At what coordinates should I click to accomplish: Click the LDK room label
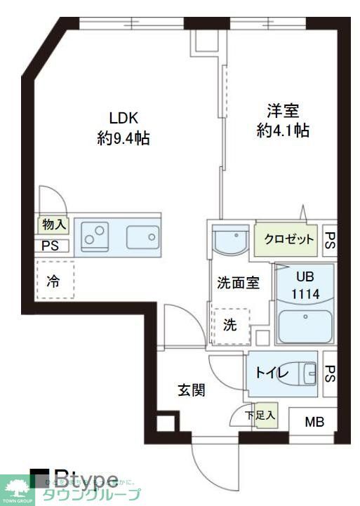123,117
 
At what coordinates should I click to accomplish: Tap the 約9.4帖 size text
123,138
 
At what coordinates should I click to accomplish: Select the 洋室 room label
283,111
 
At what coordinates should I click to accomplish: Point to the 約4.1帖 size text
283,131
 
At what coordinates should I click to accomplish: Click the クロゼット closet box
288,239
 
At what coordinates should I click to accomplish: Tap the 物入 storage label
53,225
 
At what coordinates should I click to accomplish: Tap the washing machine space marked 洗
230,326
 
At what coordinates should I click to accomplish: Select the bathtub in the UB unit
305,326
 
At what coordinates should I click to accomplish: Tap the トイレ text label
269,373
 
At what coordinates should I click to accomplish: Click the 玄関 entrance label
190,390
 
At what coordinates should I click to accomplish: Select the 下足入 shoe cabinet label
260,415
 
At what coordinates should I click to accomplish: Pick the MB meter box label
314,422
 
